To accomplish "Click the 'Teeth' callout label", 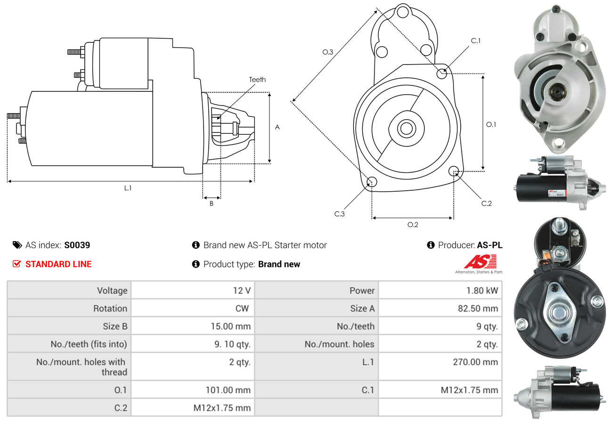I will click(257, 80).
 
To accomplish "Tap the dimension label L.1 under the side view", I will click(128, 188).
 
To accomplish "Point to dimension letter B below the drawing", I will click(212, 203).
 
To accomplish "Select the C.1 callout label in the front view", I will click(476, 41).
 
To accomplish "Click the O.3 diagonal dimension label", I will click(327, 52).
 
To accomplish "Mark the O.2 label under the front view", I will click(413, 225).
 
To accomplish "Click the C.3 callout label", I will click(340, 214).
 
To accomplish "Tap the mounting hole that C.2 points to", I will click(454, 171).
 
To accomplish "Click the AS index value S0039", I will click(77, 245).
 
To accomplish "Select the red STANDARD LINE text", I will click(58, 264).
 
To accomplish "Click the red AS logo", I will click(481, 261).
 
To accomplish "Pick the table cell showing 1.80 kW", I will click(481, 291).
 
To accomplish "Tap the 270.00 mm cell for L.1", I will click(476, 362).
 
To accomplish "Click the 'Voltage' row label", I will click(112, 291).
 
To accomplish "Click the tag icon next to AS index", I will click(17, 245).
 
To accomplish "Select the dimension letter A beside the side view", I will click(277, 127).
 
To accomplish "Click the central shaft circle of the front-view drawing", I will click(405, 128).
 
